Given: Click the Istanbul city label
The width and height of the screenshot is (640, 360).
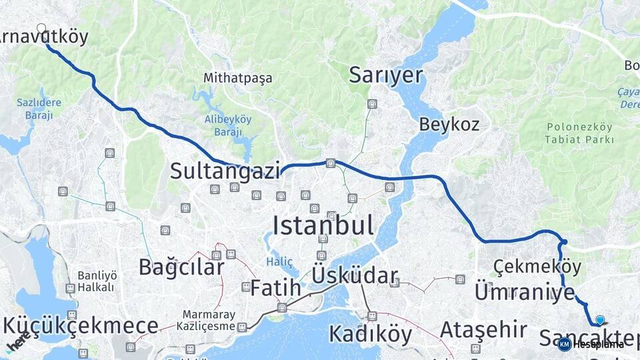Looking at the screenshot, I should [x=323, y=225].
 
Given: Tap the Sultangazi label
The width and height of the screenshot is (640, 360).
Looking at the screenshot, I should [x=225, y=171].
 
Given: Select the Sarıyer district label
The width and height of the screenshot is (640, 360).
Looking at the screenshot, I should [x=386, y=75].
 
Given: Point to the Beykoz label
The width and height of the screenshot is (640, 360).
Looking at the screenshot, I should [x=449, y=124].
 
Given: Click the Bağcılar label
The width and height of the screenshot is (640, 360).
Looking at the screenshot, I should [x=181, y=267].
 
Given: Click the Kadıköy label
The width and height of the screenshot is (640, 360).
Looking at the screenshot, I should [x=371, y=333].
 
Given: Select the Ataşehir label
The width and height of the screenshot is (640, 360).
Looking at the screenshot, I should [x=474, y=329].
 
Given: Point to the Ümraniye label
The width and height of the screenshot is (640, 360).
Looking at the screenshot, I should [x=524, y=292].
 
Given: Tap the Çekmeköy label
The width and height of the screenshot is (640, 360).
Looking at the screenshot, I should [x=537, y=267].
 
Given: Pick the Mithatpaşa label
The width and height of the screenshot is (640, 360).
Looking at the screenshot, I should [x=238, y=79].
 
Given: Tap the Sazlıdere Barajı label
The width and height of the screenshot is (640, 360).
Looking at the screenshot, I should [x=39, y=109].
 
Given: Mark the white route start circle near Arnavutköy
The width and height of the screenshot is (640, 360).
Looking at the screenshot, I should [x=41, y=29].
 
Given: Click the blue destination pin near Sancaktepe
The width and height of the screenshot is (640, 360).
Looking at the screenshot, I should [x=600, y=320].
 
